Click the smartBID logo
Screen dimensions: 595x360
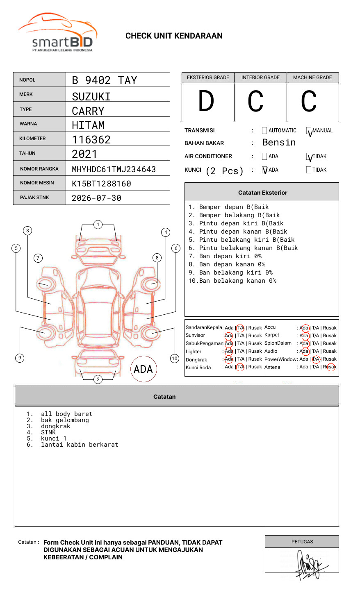tap(57, 33)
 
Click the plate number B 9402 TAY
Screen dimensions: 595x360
tap(104, 80)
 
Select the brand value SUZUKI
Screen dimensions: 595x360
tap(91, 97)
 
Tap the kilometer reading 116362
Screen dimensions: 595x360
tap(91, 140)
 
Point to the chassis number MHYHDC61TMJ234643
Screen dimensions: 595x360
tap(114, 169)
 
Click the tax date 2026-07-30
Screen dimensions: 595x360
tap(96, 198)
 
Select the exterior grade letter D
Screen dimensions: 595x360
tap(206, 101)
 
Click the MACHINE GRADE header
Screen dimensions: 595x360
tap(312, 77)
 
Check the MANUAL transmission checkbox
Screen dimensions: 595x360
tap(309, 131)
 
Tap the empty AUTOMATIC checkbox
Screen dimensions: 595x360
tap(264, 131)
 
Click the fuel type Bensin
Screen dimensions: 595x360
tap(279, 143)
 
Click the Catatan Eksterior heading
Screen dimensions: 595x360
tap(262, 193)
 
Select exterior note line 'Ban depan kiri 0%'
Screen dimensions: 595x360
tap(230, 256)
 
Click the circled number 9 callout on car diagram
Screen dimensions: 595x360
tap(20, 358)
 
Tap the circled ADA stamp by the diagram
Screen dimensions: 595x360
tap(143, 369)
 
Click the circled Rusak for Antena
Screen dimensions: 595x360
tap(330, 367)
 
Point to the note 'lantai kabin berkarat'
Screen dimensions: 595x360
tap(80, 445)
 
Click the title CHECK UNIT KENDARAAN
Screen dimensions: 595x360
tap(174, 36)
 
